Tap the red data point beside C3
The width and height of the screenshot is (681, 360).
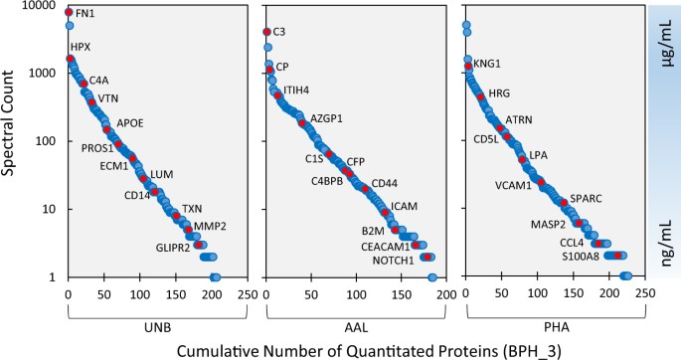[x=265, y=32]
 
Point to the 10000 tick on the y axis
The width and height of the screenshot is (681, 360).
[x=40, y=6]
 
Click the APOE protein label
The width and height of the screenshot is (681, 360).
[x=131, y=123]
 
